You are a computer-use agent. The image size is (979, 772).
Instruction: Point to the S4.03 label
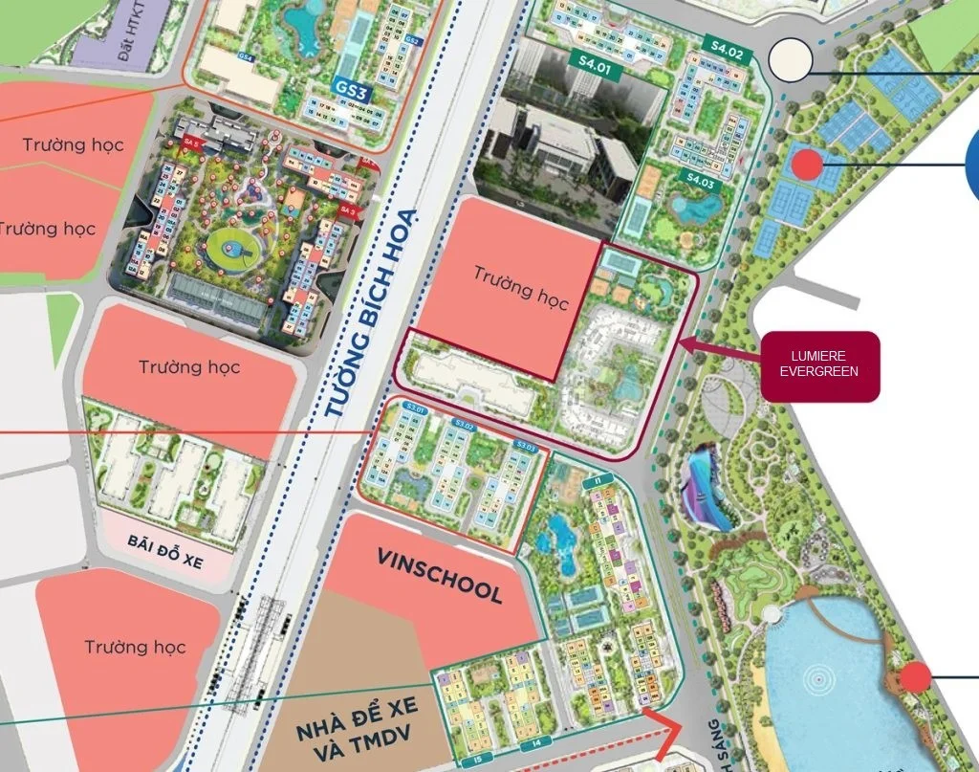700,179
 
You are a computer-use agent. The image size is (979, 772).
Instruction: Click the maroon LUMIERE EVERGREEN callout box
819,364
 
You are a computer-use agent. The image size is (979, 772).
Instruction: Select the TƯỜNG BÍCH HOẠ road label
362,311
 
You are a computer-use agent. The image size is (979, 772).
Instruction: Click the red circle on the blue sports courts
807,165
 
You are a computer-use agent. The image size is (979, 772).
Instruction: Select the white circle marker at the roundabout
790,59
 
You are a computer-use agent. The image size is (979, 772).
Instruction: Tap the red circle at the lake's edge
915,677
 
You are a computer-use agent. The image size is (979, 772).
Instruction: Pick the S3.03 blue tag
526,446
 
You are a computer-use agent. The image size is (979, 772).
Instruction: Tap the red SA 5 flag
190,143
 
